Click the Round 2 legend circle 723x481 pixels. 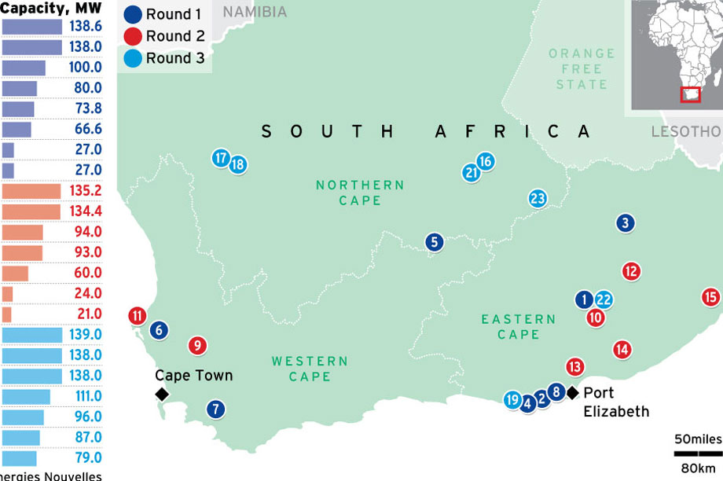tap(134, 36)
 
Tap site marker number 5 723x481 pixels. tap(434, 242)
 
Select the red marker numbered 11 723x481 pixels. tap(138, 316)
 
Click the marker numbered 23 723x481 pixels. tap(538, 199)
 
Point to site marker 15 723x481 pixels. tap(710, 297)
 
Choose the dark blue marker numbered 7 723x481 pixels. tap(215, 409)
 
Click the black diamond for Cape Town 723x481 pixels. tap(162, 394)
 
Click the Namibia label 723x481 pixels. tap(255, 13)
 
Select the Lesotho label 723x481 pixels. tap(685, 131)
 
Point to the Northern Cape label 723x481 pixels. tap(360, 193)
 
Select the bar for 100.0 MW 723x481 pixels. tap(24, 68)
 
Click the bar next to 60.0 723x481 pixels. tap(16, 274)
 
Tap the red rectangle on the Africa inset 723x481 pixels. tap(690, 95)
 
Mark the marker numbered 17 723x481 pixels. tap(221, 158)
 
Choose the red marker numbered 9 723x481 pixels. tap(198, 345)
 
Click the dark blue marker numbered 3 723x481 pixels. tap(625, 223)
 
